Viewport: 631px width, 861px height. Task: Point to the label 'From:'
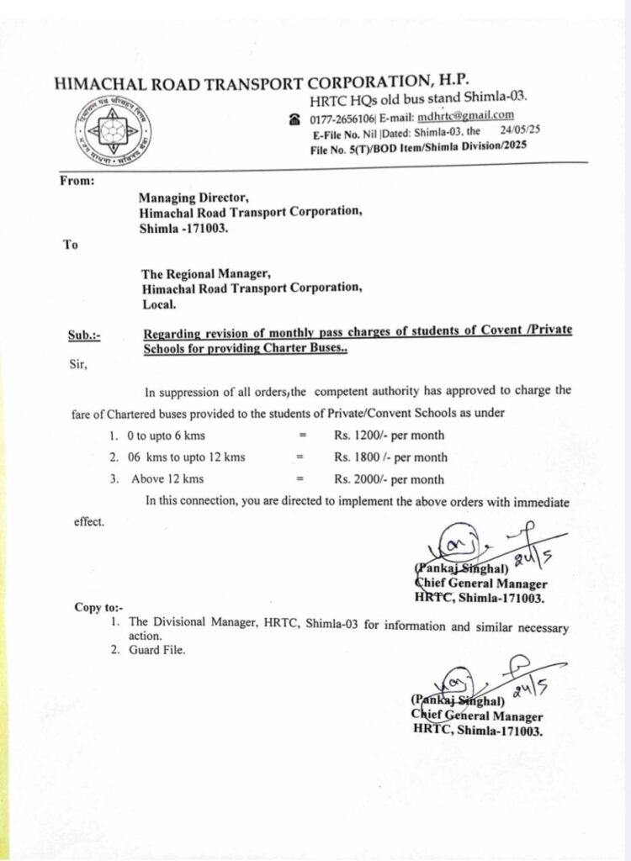[x=77, y=181]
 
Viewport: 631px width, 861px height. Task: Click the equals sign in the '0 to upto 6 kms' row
[x=299, y=436]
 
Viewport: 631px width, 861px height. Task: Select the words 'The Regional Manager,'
[x=206, y=273]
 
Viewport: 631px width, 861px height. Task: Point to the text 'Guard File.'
[x=157, y=651]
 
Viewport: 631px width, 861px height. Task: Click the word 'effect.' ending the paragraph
[x=89, y=522]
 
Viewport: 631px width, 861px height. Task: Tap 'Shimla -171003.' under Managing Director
[x=184, y=227]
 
